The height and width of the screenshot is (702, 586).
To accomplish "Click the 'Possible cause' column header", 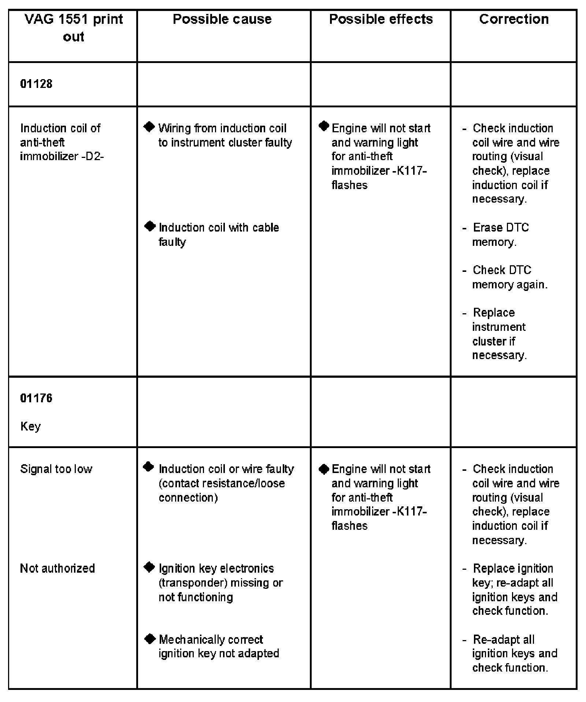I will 222,19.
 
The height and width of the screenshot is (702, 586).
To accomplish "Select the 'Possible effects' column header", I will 381,19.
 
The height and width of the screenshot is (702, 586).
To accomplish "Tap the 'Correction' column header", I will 513,19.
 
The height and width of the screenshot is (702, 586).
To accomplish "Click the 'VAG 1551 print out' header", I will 74,28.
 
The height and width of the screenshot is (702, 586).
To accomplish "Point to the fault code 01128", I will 36,84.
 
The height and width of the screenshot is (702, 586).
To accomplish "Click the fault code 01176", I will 36,398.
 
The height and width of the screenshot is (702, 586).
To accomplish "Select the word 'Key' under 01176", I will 30,426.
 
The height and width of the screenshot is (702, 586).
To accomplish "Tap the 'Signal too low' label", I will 56,469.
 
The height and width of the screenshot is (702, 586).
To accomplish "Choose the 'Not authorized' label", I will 58,568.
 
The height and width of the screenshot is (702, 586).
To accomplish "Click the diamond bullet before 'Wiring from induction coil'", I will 149,127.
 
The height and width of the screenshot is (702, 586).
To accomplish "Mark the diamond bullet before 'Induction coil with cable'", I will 150,226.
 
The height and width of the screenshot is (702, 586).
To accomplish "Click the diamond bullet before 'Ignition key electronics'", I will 149,567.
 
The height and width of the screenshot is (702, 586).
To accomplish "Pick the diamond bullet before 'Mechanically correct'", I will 150,639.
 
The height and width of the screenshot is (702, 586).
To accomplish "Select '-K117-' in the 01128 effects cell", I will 409,171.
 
